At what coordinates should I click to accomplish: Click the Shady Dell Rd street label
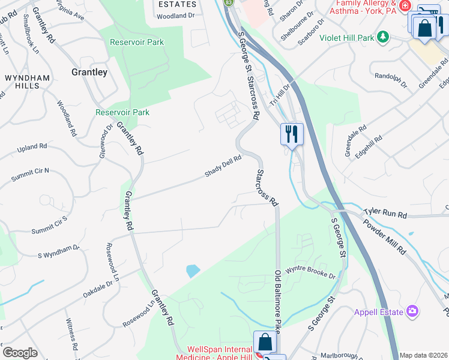[x=223, y=166]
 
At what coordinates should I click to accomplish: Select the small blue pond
[x=193, y=271]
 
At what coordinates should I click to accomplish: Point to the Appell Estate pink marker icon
[x=412, y=311]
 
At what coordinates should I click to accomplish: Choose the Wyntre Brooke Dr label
[x=310, y=271]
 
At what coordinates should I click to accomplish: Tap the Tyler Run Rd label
[x=385, y=214]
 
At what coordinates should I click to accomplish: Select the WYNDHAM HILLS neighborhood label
[x=22, y=82]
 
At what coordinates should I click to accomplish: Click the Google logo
[x=20, y=353]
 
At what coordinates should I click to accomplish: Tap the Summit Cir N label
[x=30, y=175]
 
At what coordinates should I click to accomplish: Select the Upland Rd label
[x=32, y=147]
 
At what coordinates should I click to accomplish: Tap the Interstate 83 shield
[x=229, y=3]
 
